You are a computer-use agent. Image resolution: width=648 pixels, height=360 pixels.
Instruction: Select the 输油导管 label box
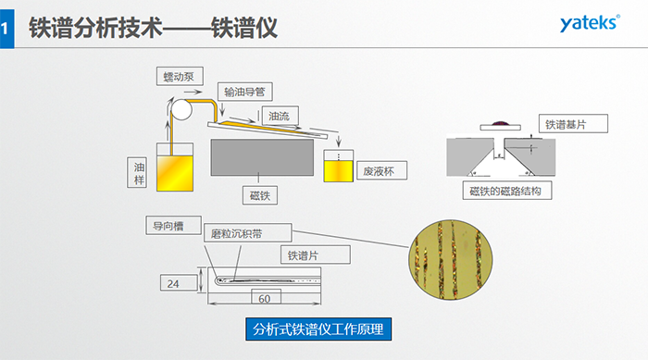click(x=247, y=92)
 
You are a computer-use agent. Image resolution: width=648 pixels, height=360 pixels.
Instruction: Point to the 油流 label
click(x=279, y=117)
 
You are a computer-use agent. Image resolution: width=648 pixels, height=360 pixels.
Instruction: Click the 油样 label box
click(x=139, y=172)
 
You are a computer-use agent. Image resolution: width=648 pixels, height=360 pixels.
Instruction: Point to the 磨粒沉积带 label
click(x=245, y=234)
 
